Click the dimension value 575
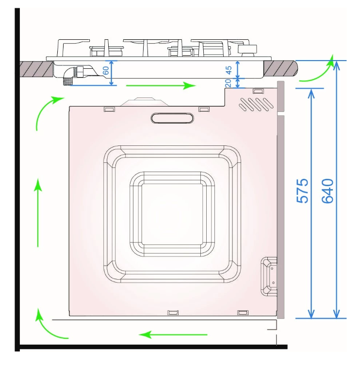pos(302,191)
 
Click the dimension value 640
pos(327,191)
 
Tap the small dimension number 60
pos(106,70)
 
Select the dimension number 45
pos(229,70)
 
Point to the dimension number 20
pos(228,83)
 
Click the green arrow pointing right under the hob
pos(161,85)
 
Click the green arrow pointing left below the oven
pos(173,335)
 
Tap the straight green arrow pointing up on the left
pos(38,212)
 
